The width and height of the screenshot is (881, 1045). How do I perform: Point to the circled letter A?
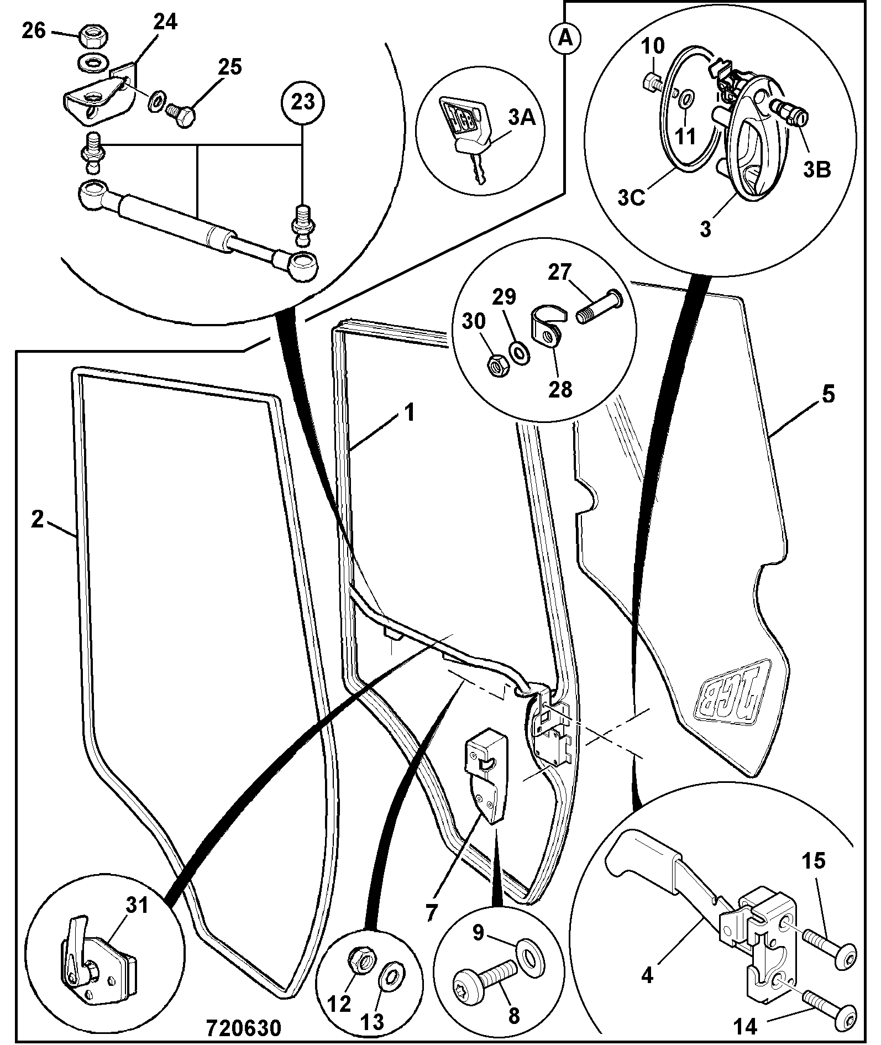564,38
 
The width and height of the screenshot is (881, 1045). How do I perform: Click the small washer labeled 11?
686,100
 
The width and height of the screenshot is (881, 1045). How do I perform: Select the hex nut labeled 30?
499,365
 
